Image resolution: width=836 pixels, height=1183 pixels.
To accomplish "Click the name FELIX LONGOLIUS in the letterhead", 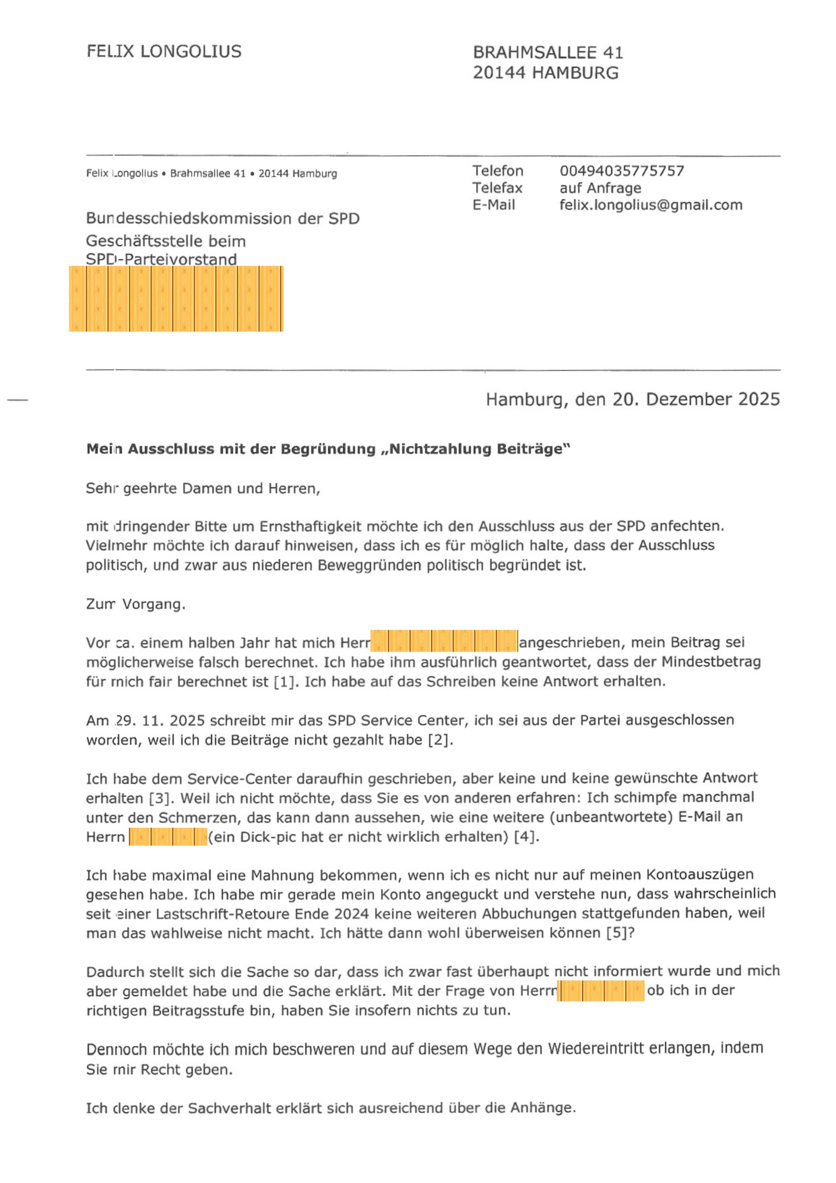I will click(x=164, y=51).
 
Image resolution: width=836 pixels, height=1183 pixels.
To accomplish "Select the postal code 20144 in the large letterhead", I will click(x=500, y=73).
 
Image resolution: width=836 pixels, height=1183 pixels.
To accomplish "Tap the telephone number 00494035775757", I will click(x=622, y=171).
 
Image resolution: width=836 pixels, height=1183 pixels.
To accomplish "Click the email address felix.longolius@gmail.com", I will click(x=650, y=205).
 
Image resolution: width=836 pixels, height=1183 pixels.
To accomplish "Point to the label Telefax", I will click(x=497, y=188).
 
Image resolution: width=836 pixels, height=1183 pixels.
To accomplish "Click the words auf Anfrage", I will click(x=600, y=188).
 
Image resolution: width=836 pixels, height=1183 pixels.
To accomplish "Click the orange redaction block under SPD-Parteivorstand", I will click(x=176, y=299).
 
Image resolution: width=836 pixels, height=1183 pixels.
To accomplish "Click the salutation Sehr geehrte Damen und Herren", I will click(x=202, y=488).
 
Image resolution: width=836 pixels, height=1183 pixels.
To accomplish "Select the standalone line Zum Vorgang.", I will click(x=135, y=604).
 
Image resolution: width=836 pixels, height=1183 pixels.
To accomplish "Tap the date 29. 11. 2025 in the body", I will click(x=157, y=720).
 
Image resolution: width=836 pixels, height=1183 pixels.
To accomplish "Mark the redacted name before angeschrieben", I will click(x=444, y=641).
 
